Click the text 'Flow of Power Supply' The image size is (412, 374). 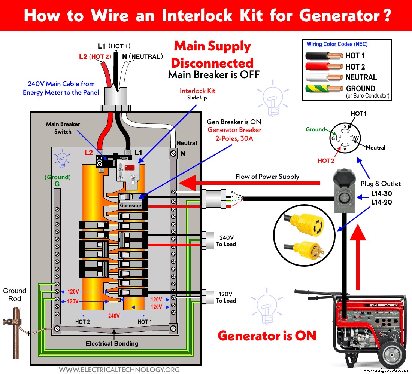coord(267,176)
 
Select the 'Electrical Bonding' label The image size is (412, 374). coord(112,343)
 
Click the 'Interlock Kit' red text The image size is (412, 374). coord(197,91)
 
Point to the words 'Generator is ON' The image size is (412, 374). coord(267,335)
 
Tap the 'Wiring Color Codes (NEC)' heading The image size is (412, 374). coord(337,44)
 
